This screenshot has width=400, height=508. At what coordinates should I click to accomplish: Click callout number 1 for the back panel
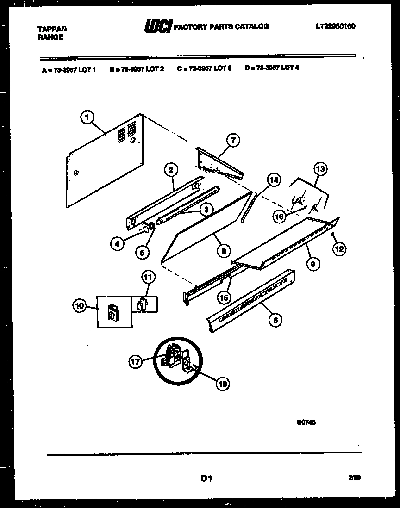pyautogui.click(x=86, y=118)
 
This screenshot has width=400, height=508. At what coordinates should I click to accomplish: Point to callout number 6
pyautogui.click(x=275, y=319)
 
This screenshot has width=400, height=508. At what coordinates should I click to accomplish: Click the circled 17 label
pyautogui.click(x=135, y=362)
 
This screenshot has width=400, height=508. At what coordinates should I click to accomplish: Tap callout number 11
pyautogui.click(x=147, y=278)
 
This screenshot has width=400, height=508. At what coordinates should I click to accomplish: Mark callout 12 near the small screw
pyautogui.click(x=340, y=249)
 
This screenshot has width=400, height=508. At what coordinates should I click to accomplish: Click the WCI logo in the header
pyautogui.click(x=157, y=27)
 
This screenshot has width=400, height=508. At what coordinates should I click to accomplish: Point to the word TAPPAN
pyautogui.click(x=51, y=29)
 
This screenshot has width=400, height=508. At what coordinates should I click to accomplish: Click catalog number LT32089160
pyautogui.click(x=333, y=26)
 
